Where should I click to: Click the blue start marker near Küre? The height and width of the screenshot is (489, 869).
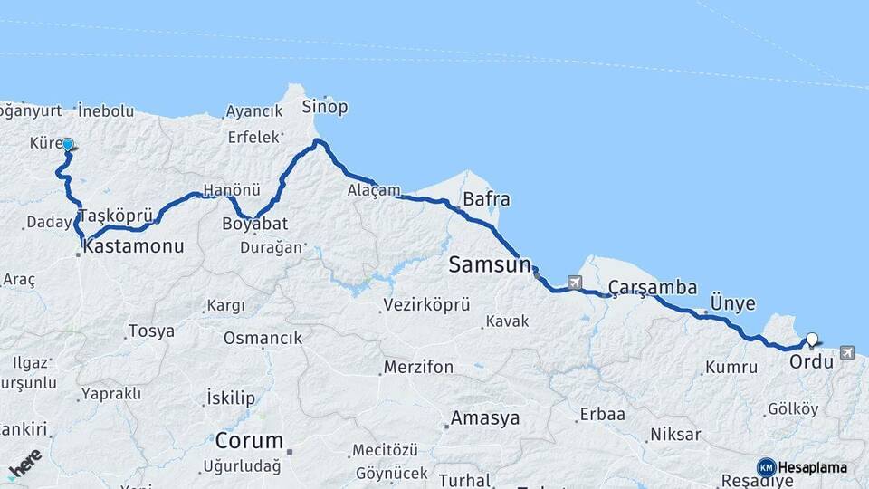click(x=67, y=144)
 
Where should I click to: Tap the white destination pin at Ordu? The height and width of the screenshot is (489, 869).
click(x=812, y=340)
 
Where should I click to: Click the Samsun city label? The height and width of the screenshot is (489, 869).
click(x=489, y=265)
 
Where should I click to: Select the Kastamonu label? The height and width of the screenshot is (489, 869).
click(x=134, y=245)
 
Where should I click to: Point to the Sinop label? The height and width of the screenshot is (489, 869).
click(x=325, y=107)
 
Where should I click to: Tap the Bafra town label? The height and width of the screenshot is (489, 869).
click(x=486, y=199)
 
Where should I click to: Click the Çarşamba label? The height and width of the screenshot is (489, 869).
click(x=652, y=288)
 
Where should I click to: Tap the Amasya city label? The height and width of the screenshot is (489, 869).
click(x=485, y=418)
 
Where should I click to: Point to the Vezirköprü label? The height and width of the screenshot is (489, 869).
click(x=426, y=305)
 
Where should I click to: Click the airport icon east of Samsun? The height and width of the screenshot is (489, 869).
click(x=574, y=283)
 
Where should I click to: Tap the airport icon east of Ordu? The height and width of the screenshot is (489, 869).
click(x=846, y=353)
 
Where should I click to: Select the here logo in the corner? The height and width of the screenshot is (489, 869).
click(x=24, y=465)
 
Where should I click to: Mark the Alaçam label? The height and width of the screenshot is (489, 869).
click(x=374, y=190)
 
